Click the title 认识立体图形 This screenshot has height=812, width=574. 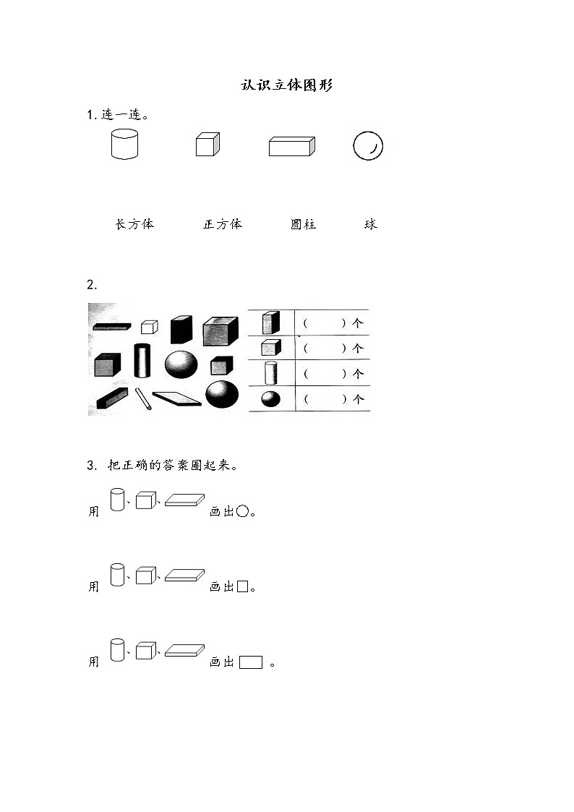click(287, 85)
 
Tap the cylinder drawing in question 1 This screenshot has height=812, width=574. click(124, 144)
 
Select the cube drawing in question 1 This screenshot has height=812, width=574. click(207, 145)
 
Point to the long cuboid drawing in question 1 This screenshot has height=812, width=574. click(292, 146)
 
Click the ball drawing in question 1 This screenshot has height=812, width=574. click(368, 145)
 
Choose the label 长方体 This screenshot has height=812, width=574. click(134, 224)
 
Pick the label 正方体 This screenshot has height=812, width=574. click(223, 224)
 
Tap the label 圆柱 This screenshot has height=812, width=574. click(304, 224)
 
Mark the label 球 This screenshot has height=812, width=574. click(371, 224)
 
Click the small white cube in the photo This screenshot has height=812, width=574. click(149, 326)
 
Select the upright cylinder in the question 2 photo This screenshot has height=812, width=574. click(142, 360)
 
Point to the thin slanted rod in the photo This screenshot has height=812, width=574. click(143, 398)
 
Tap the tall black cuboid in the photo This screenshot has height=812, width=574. click(181, 329)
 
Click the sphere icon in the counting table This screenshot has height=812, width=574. click(270, 399)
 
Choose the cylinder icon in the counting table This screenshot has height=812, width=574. click(270, 374)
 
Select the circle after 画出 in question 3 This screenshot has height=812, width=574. click(243, 512)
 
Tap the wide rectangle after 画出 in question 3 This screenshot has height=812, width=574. click(251, 662)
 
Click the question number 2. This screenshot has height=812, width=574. click(90, 284)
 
